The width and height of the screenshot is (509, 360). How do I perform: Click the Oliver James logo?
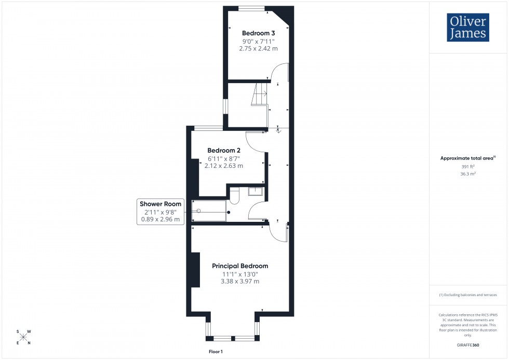click(467, 27)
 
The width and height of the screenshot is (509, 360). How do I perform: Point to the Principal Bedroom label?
click(240, 266)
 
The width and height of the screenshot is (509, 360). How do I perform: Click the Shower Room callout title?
click(160, 204)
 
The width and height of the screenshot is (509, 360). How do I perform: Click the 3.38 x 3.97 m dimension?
click(239, 282)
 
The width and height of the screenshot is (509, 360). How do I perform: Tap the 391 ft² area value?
click(468, 167)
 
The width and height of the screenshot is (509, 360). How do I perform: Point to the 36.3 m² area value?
click(468, 174)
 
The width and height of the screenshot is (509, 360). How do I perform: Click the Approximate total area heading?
click(467, 158)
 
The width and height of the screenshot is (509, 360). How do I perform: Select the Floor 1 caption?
click(215, 352)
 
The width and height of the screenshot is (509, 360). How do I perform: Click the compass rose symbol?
click(23, 337)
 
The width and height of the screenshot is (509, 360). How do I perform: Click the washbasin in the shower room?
click(256, 191)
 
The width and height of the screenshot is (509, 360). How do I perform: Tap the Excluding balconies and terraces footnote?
click(468, 295)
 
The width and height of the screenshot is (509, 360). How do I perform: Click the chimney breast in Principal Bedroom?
click(195, 269)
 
